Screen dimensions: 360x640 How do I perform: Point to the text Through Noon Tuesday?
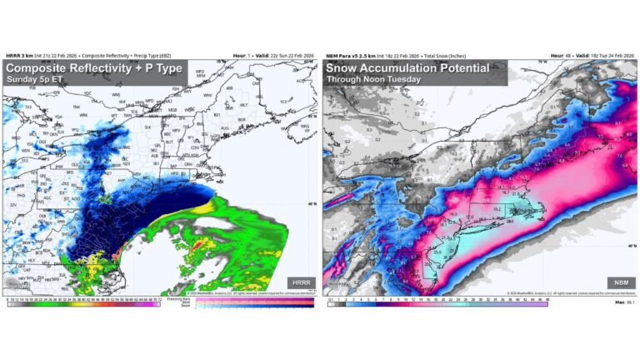click(x=372, y=80)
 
